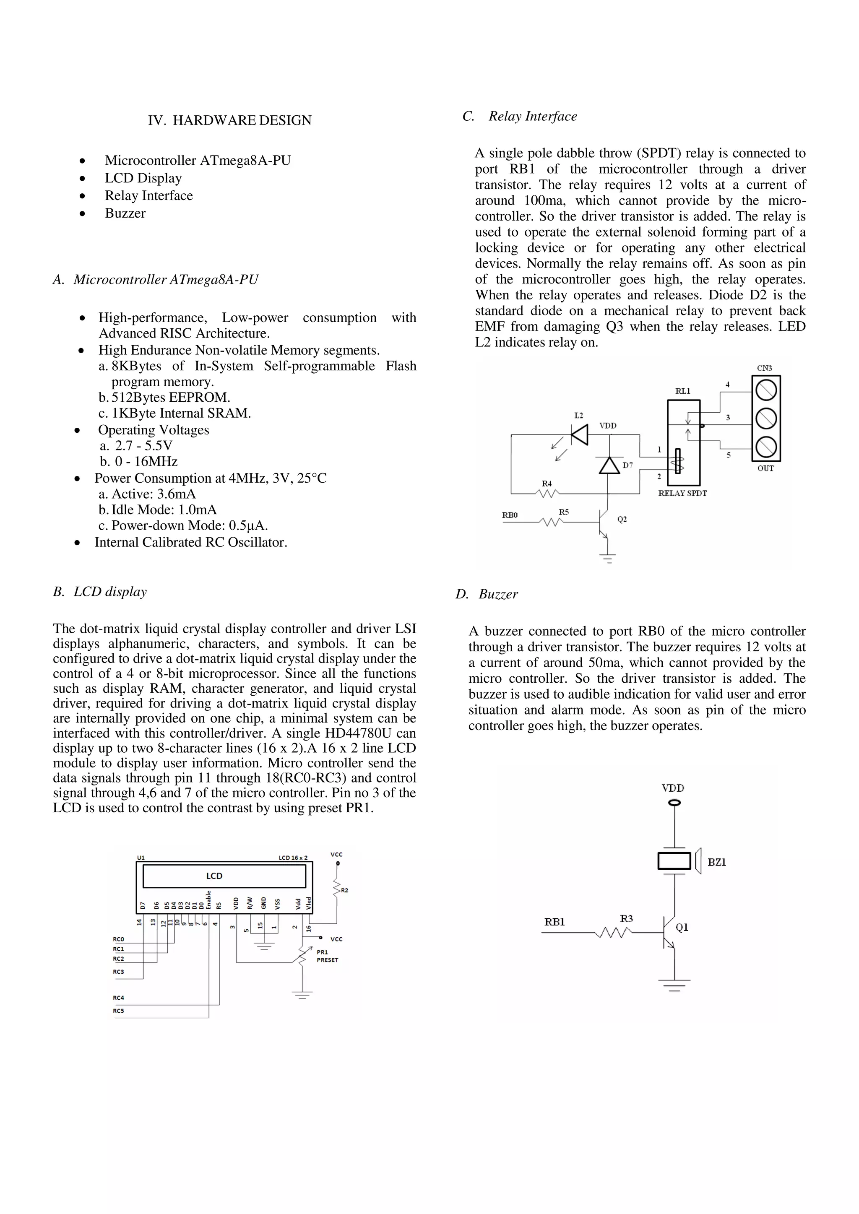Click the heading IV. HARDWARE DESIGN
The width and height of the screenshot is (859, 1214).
click(x=229, y=120)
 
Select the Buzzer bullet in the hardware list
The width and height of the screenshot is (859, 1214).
click(x=125, y=213)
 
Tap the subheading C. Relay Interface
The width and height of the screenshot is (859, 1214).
click(x=520, y=116)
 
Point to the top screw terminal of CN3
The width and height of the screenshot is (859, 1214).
click(x=766, y=391)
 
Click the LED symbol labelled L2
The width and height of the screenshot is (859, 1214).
click(x=580, y=434)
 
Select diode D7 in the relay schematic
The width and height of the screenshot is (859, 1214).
click(x=609, y=465)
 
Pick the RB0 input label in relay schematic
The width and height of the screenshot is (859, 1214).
click(x=510, y=515)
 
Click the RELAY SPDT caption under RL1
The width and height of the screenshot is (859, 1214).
click(x=682, y=493)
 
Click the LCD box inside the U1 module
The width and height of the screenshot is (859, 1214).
click(x=224, y=876)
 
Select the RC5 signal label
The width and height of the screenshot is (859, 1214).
click(x=118, y=1011)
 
